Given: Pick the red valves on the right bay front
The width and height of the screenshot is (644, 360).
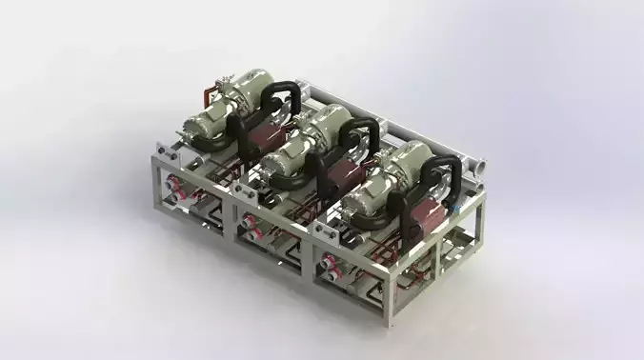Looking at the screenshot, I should tap(330, 261).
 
